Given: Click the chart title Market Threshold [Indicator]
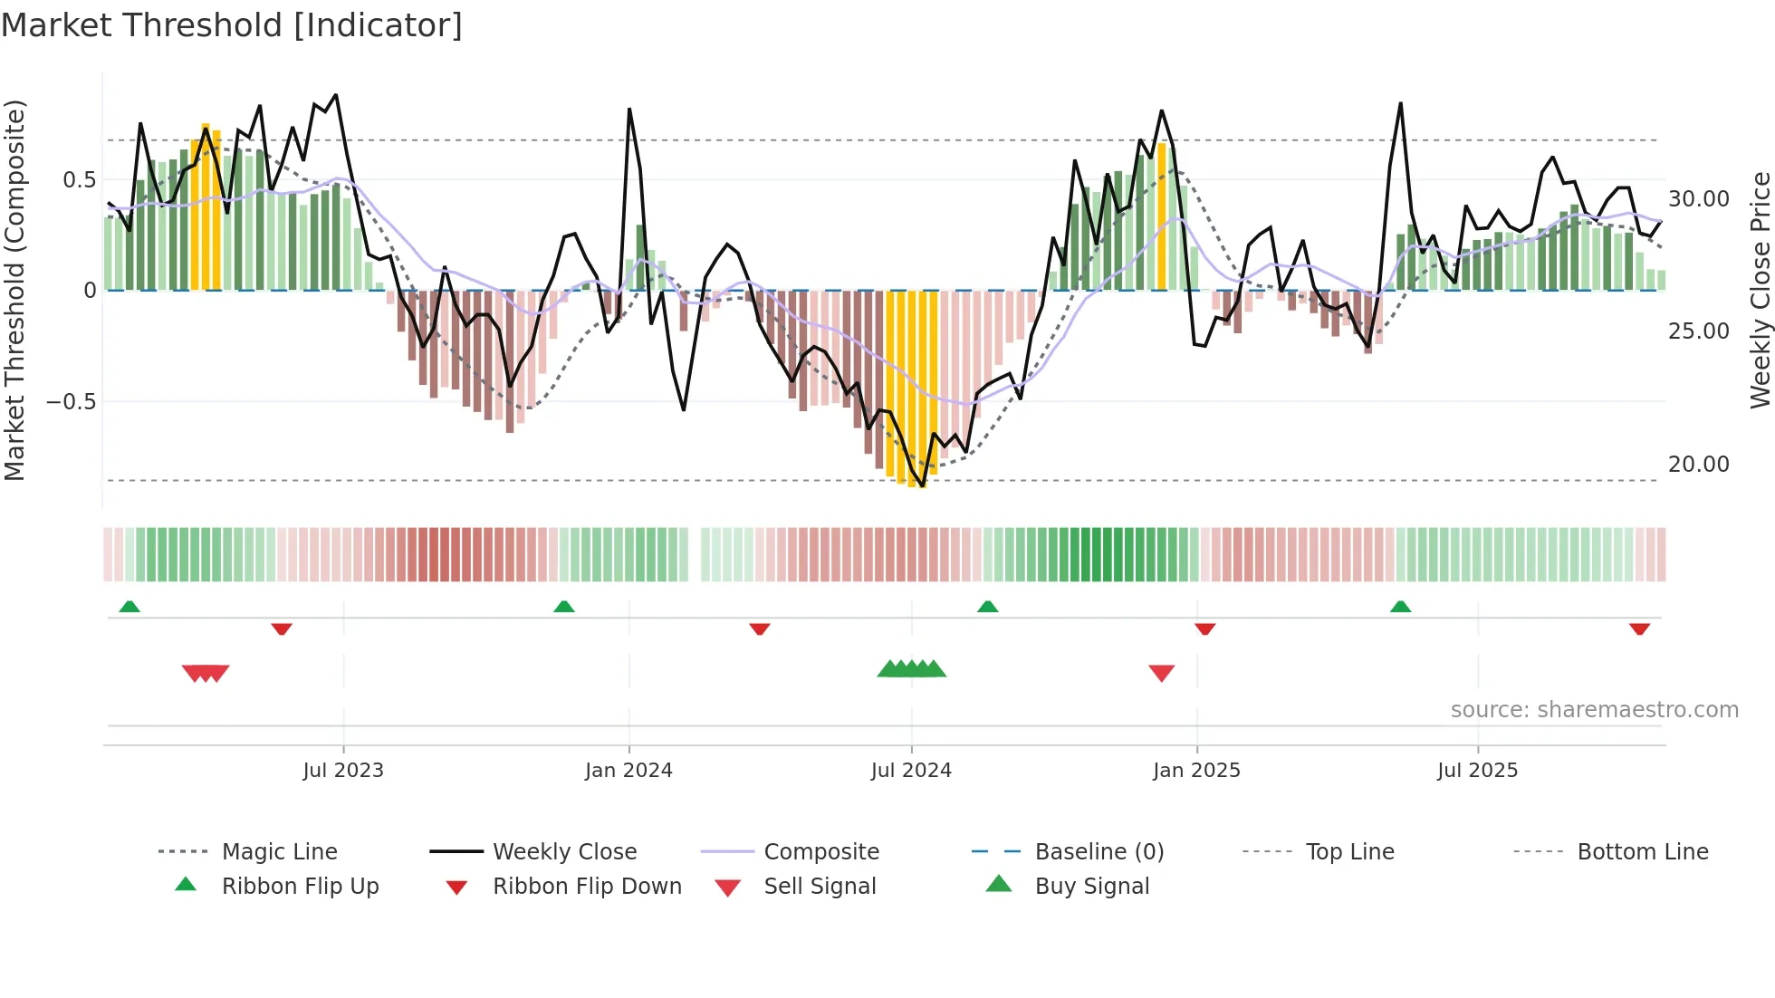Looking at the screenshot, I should tap(232, 25).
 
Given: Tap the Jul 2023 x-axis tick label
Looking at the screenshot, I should tap(343, 771).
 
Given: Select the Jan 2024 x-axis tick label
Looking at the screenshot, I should tap(628, 771).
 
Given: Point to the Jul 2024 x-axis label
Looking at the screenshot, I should tap(911, 771).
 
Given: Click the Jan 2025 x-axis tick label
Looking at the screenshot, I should tap(1196, 771).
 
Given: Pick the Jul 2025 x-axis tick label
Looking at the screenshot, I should tap(1477, 771).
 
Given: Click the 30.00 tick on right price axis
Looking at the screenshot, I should tap(1698, 199).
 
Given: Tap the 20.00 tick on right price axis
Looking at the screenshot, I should tap(1698, 465).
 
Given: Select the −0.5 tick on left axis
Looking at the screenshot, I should tap(72, 402).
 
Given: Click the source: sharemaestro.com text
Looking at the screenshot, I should tap(1594, 710).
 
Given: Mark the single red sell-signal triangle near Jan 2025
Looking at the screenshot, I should tap(1161, 673).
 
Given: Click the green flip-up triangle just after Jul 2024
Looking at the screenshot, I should tap(987, 607).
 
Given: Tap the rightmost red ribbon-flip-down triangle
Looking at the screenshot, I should tap(1639, 629).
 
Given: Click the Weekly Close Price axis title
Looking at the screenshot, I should tap(1759, 290).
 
